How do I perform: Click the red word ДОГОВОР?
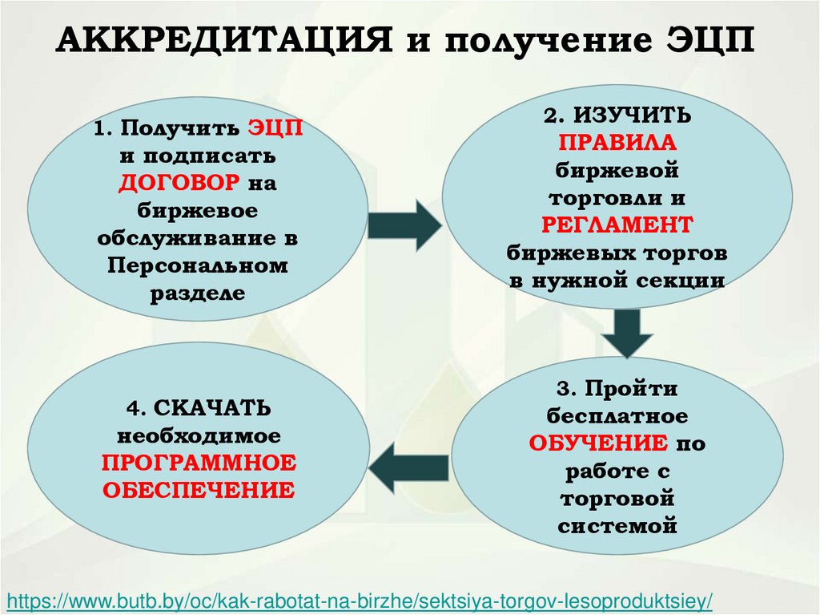(x=179, y=183)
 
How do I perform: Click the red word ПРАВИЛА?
(x=617, y=143)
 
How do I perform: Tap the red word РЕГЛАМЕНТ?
(x=617, y=225)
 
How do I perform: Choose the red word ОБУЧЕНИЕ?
(x=597, y=443)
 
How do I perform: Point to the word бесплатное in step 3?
(x=617, y=416)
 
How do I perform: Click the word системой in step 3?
(x=617, y=526)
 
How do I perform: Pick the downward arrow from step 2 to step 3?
(x=629, y=331)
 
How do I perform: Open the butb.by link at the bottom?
(x=360, y=601)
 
